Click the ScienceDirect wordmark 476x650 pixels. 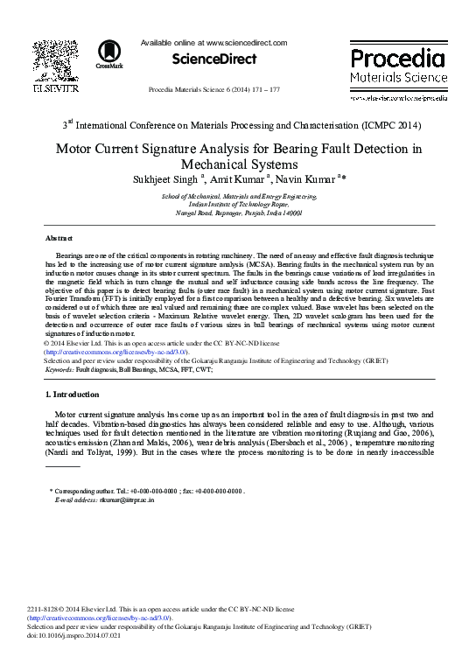(x=214, y=59)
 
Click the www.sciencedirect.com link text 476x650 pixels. (x=247, y=42)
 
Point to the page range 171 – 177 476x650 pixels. (x=263, y=90)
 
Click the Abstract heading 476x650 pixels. (x=59, y=238)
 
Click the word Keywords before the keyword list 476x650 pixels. (x=59, y=370)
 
